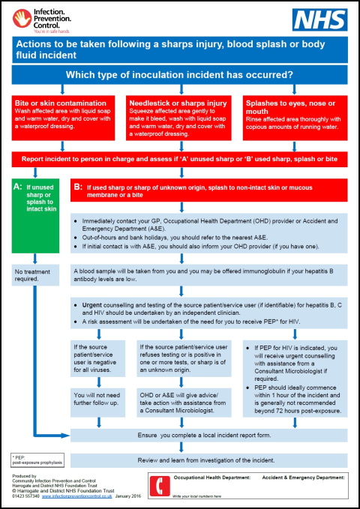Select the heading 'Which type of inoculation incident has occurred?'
pos(180,74)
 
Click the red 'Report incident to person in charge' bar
pos(180,159)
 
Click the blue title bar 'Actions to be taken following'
pos(180,49)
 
